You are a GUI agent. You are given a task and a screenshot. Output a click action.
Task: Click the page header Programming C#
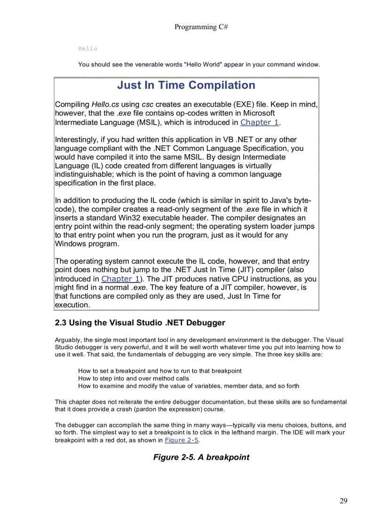201,27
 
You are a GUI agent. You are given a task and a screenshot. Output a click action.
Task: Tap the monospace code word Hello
88,49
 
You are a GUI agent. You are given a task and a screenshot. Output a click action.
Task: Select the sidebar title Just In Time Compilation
186,85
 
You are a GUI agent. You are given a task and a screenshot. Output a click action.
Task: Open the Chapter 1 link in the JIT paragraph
120,279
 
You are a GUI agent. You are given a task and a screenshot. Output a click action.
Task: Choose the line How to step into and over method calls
134,378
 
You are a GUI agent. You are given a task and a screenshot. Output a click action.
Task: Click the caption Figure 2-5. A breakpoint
201,457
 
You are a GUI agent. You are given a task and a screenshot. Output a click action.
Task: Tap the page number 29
343,501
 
